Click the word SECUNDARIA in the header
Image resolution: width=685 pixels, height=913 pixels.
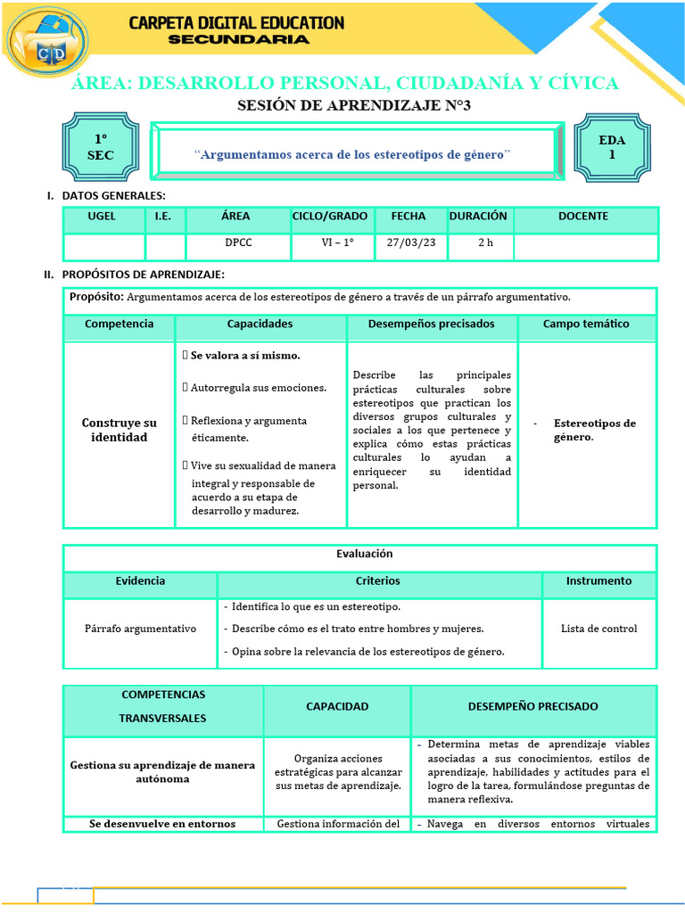(x=239, y=39)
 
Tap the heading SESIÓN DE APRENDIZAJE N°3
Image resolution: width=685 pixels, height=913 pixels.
(x=353, y=106)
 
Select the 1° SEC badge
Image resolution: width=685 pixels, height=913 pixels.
(x=101, y=148)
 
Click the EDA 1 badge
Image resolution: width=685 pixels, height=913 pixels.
(x=612, y=148)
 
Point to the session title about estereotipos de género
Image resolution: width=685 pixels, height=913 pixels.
(x=353, y=154)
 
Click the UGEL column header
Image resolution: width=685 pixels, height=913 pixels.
(x=103, y=217)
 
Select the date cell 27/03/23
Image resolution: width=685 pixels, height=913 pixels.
(x=406, y=243)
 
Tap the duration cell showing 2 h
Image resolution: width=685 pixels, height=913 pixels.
(x=485, y=243)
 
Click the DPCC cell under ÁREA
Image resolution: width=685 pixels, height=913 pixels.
(x=237, y=243)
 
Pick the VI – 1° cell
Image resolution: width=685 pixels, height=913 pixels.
(x=337, y=243)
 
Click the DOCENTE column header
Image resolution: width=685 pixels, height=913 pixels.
(x=583, y=217)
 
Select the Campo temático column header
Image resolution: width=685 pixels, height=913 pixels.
(x=586, y=325)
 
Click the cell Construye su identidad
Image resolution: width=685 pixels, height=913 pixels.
(x=119, y=430)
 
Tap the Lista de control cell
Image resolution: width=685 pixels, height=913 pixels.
(x=598, y=629)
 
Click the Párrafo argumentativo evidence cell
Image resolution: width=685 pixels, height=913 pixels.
(x=141, y=629)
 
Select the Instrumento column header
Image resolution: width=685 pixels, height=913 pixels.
(x=598, y=581)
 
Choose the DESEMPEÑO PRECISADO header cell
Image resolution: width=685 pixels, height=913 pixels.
(x=533, y=707)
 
